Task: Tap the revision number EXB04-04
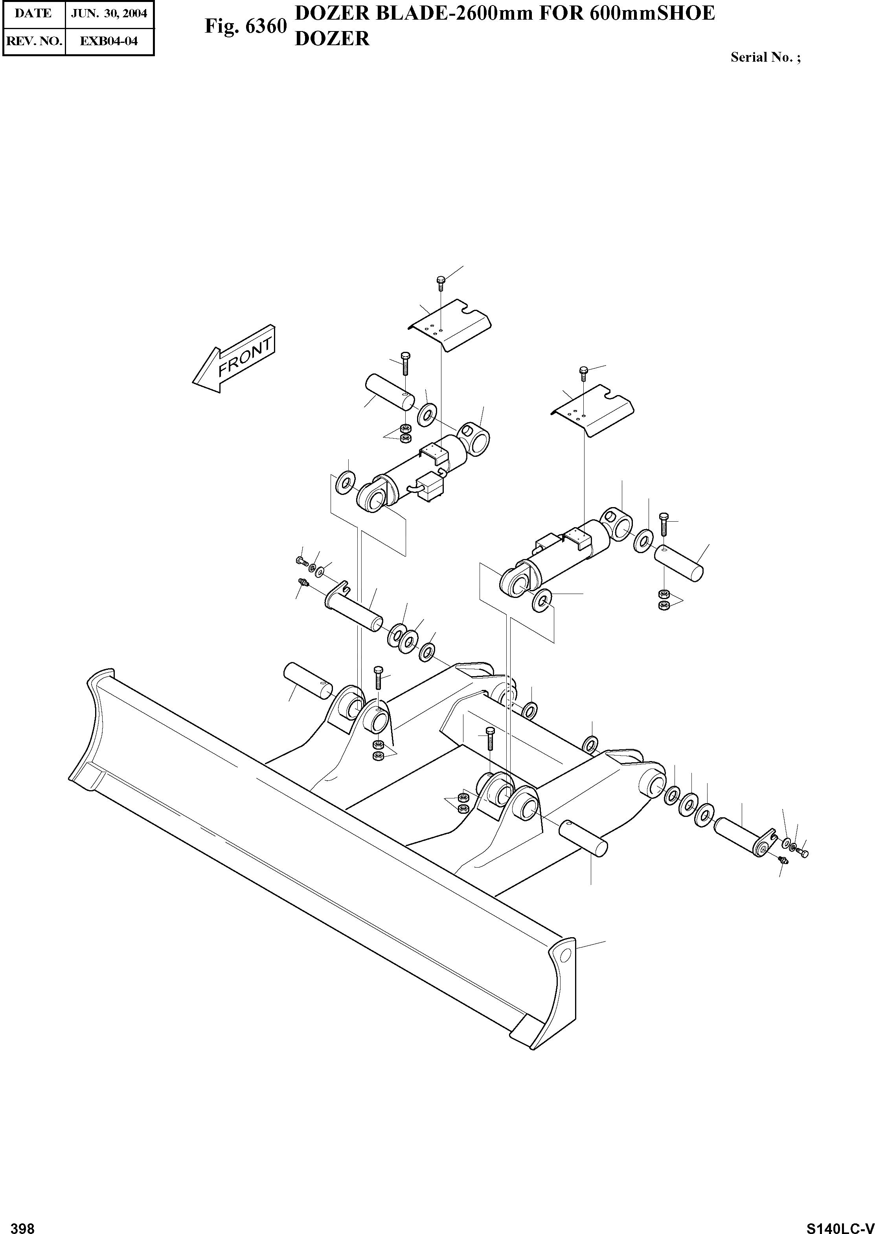(109, 41)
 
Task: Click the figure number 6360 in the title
(266, 26)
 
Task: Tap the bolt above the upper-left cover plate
(440, 282)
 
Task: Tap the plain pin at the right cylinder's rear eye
(679, 563)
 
